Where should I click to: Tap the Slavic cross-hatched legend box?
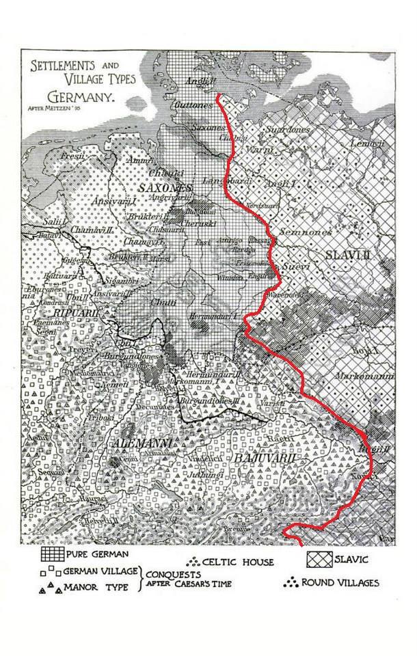pos(320,559)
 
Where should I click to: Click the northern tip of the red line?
pos(218,96)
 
